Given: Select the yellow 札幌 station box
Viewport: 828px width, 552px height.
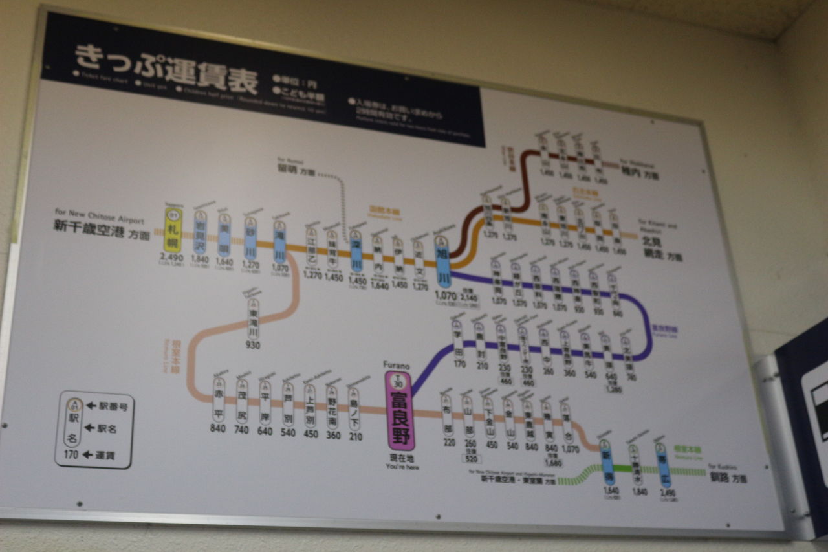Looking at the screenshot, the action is (x=173, y=230).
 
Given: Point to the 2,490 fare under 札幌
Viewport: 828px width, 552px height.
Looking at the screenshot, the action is (x=171, y=258).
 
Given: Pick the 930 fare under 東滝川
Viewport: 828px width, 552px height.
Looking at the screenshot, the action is (x=253, y=345).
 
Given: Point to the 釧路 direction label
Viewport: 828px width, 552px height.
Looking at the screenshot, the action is (x=719, y=478).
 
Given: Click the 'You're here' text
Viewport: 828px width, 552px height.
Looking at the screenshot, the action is (x=402, y=467).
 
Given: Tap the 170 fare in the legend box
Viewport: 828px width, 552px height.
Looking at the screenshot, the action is (x=71, y=454).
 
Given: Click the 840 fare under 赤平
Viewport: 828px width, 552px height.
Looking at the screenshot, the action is (x=218, y=428).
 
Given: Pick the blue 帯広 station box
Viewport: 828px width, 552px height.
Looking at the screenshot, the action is (x=662, y=467).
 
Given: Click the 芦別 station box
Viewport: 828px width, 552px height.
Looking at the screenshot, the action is (x=288, y=404).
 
